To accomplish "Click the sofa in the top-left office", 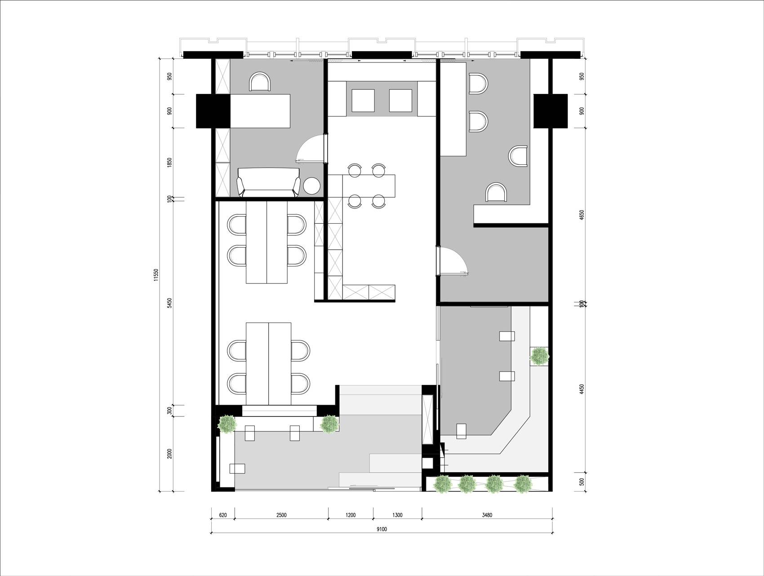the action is [269, 182].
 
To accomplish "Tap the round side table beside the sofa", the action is [312, 186].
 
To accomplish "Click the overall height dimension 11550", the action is [156, 275].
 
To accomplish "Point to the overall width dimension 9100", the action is [382, 529].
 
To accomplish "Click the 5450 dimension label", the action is [169, 303].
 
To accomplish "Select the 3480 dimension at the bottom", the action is [487, 515].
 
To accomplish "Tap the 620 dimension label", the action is [223, 515].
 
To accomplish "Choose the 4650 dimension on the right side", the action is [582, 215].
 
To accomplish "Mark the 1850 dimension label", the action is [169, 163].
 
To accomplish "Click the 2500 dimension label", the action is [281, 515].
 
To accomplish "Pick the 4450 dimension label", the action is [582, 389].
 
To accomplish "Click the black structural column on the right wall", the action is [551, 111].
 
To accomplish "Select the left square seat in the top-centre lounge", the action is [363, 100].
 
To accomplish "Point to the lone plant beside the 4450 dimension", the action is [539, 356].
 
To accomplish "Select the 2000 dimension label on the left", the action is [169, 454].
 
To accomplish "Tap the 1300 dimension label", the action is [397, 515].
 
